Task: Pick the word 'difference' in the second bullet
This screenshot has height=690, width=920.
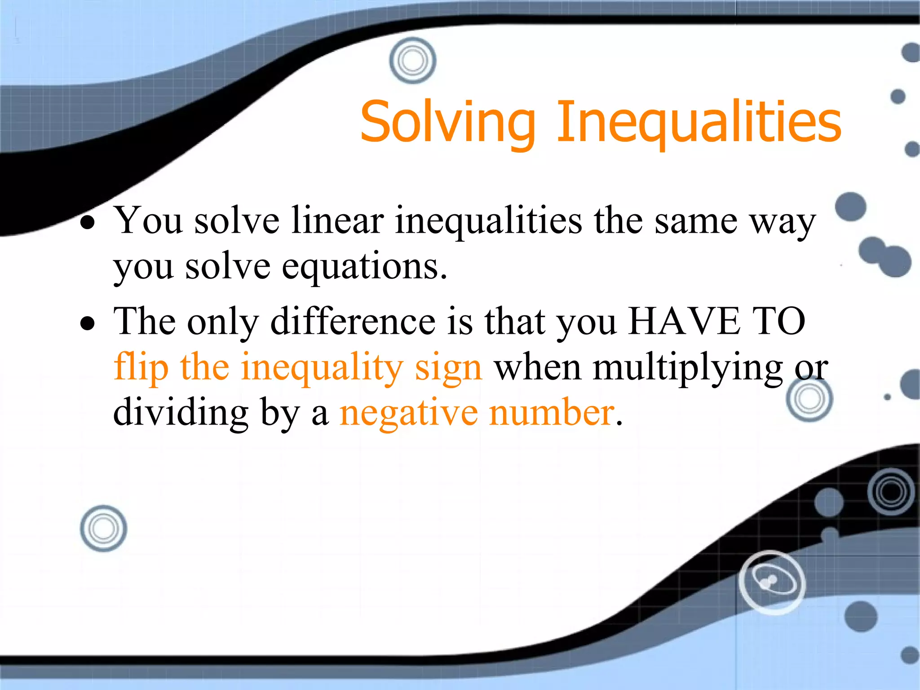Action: [x=353, y=321]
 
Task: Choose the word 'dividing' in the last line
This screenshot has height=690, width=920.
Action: [x=181, y=412]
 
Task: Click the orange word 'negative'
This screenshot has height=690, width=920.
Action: [x=409, y=413]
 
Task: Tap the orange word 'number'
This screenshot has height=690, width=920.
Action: [x=552, y=412]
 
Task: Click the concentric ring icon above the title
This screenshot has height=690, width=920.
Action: [x=412, y=60]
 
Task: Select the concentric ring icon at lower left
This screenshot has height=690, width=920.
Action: [x=103, y=528]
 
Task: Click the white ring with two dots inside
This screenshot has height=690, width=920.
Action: [x=772, y=582]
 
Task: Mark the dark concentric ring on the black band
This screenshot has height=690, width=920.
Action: [x=892, y=491]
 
